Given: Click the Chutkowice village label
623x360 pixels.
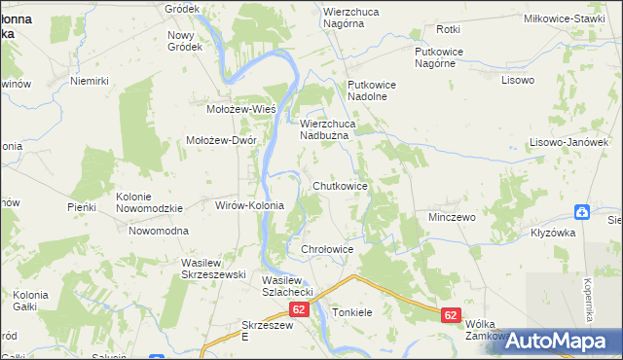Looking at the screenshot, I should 340,185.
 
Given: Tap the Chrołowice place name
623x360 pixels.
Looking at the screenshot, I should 326,249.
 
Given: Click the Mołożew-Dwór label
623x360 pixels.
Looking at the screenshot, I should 221,139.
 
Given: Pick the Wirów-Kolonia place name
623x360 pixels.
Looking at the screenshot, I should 248,205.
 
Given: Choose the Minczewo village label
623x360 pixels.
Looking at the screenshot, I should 452,217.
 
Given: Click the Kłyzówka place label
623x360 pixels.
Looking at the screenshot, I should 554,233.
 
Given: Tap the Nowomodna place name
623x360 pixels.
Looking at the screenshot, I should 159,231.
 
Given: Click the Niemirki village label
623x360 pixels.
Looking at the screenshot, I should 88,82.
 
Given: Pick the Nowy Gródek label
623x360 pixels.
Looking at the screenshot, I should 185,41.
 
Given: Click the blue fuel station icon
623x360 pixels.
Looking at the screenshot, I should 581,212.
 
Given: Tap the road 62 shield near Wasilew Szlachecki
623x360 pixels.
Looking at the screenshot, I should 299,310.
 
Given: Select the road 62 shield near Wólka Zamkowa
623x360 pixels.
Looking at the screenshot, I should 450,315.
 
